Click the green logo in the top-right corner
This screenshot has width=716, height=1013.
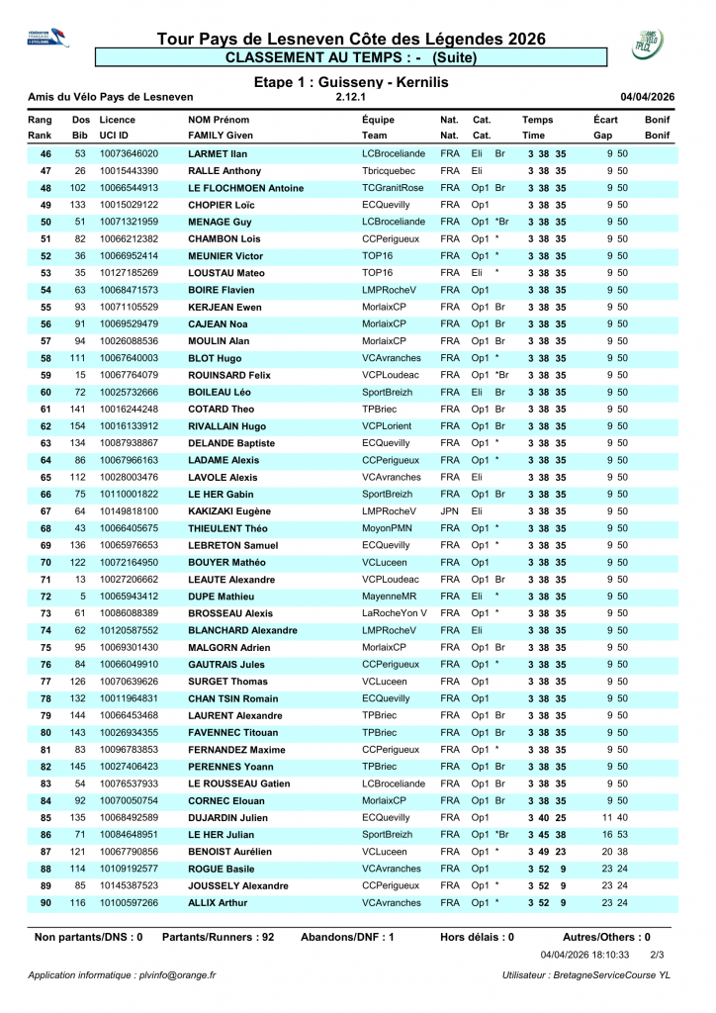pos(648,44)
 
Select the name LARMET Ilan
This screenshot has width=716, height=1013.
pos(218,153)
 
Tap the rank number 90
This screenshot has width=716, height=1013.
pos(45,902)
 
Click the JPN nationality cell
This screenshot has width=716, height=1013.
pos(449,510)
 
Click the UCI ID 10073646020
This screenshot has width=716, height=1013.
pos(129,153)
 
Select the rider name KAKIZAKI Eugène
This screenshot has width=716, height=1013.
pos(229,510)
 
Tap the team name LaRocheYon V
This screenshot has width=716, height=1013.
pos(395,612)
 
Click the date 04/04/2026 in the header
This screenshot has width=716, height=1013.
pos(647,97)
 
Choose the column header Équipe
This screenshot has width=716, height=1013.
pos(381,120)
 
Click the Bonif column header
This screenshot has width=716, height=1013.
pos(658,120)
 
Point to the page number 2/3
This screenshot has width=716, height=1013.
pos(657,955)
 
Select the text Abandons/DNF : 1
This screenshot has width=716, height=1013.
pos(347,936)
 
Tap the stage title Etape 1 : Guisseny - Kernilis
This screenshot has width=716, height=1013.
pos(351,82)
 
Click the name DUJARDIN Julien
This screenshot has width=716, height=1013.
pos(227,817)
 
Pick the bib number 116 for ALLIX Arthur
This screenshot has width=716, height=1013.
pos(79,902)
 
